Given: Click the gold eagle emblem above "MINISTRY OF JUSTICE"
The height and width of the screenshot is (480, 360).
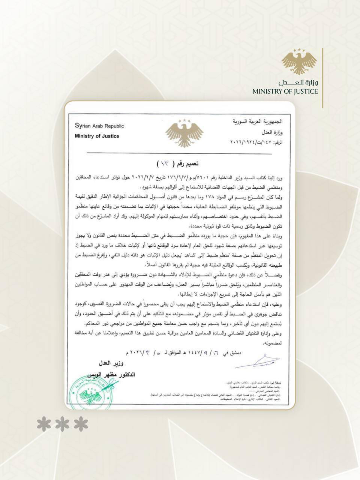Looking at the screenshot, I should coord(299,61).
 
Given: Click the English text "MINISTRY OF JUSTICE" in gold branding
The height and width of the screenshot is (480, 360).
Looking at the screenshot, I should coord(285,91).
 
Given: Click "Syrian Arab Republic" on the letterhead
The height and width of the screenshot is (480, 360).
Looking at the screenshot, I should coord(99,126).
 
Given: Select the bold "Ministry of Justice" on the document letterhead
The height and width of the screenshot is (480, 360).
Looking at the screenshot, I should coord(97,136).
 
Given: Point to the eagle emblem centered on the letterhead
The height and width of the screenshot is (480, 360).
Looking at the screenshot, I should coord(184,133).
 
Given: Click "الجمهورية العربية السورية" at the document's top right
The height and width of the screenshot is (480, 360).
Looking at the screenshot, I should coord(258,122).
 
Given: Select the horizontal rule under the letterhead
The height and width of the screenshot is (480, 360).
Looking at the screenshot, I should coord(179,153).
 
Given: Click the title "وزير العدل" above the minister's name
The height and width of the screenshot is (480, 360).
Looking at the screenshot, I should coord(111,364).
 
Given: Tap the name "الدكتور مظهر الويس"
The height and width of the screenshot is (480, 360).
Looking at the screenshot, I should coord(111,374).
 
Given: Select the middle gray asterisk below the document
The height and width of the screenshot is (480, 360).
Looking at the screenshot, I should coord(63,424).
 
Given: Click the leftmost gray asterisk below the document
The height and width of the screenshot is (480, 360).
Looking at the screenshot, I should coord(44,424).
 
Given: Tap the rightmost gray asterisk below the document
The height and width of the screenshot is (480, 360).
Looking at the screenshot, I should coord(81,424).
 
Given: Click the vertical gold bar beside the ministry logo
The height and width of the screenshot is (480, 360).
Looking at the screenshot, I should coord(322,78).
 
